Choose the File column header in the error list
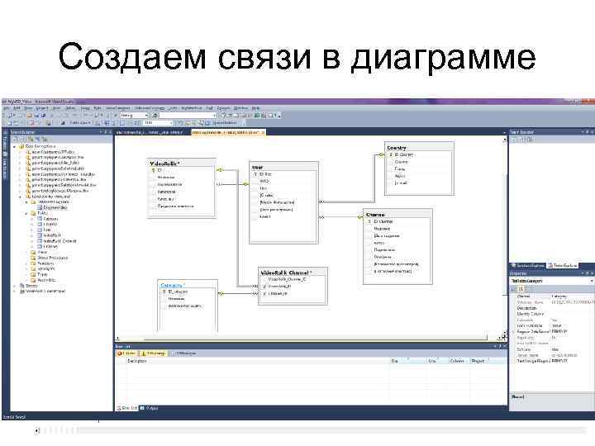[395, 361]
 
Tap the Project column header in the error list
[478, 361]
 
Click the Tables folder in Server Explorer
[42, 212]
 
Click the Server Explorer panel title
[22, 131]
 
